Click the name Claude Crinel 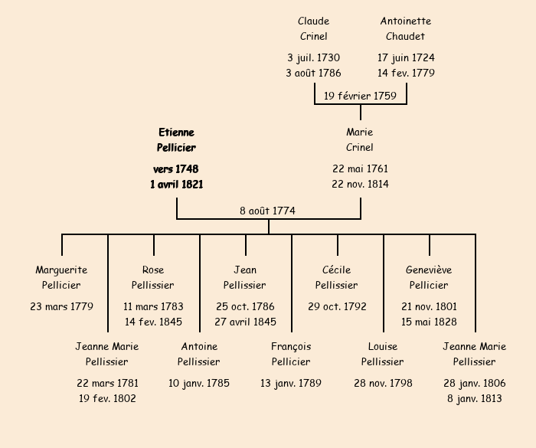pyautogui.click(x=313, y=28)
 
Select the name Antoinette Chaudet pyautogui.click(x=406, y=28)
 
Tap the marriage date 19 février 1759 pyautogui.click(x=360, y=96)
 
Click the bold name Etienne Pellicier pyautogui.click(x=177, y=140)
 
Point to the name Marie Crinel pyautogui.click(x=360, y=140)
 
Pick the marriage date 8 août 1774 pyautogui.click(x=267, y=211)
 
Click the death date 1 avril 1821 pyautogui.click(x=177, y=184)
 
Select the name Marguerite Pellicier pyautogui.click(x=61, y=277)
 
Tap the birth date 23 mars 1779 pyautogui.click(x=61, y=306)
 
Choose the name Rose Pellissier pyautogui.click(x=153, y=277)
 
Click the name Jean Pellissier pyautogui.click(x=245, y=277)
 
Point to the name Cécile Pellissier pyautogui.click(x=337, y=277)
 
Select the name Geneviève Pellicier pyautogui.click(x=429, y=277)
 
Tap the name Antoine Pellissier pyautogui.click(x=199, y=354)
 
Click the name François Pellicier pyautogui.click(x=291, y=354)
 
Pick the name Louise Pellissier pyautogui.click(x=383, y=354)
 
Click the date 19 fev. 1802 pyautogui.click(x=107, y=398)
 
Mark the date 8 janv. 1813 pyautogui.click(x=475, y=398)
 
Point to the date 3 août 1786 pyautogui.click(x=313, y=73)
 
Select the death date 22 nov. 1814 pyautogui.click(x=360, y=184)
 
